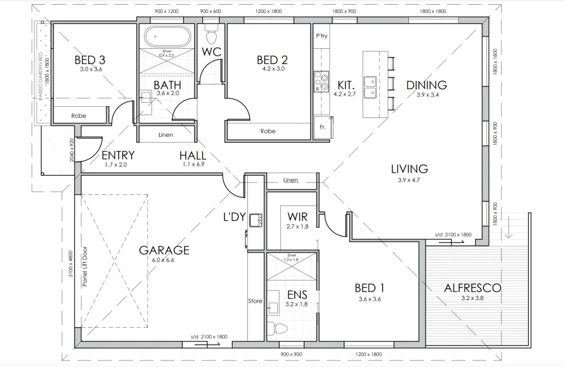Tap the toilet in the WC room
click(x=211, y=29)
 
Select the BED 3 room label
click(x=90, y=60)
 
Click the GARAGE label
click(x=164, y=250)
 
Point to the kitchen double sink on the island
click(x=370, y=87)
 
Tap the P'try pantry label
click(x=321, y=36)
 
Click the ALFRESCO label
click(x=472, y=288)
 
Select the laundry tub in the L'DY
click(x=256, y=220)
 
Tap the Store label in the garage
click(x=255, y=301)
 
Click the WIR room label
click(x=297, y=216)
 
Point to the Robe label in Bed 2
click(x=267, y=132)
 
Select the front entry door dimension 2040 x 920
click(x=72, y=150)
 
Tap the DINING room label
click(x=427, y=85)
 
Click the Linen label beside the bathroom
click(x=166, y=135)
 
